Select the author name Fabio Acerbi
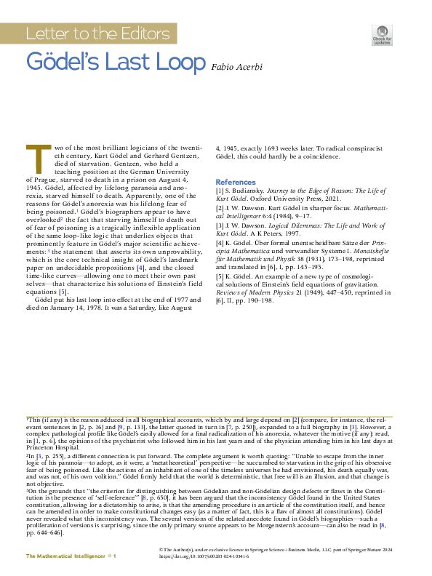point(237,67)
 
